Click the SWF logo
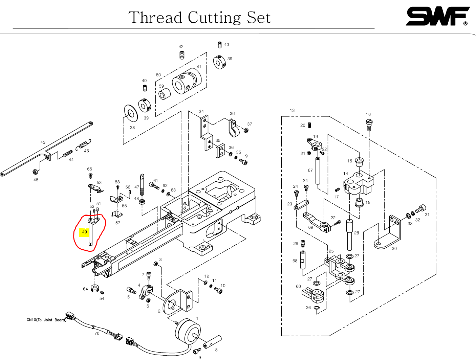point(437,16)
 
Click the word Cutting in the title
point(214,18)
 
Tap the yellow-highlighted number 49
point(84,232)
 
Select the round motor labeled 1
point(187,331)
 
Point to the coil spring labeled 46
point(84,145)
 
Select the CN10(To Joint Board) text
point(46,320)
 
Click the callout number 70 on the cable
point(97,334)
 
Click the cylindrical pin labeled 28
point(349,235)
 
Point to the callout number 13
point(292,110)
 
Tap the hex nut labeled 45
point(35,172)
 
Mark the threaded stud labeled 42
point(182,55)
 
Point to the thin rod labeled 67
point(318,171)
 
